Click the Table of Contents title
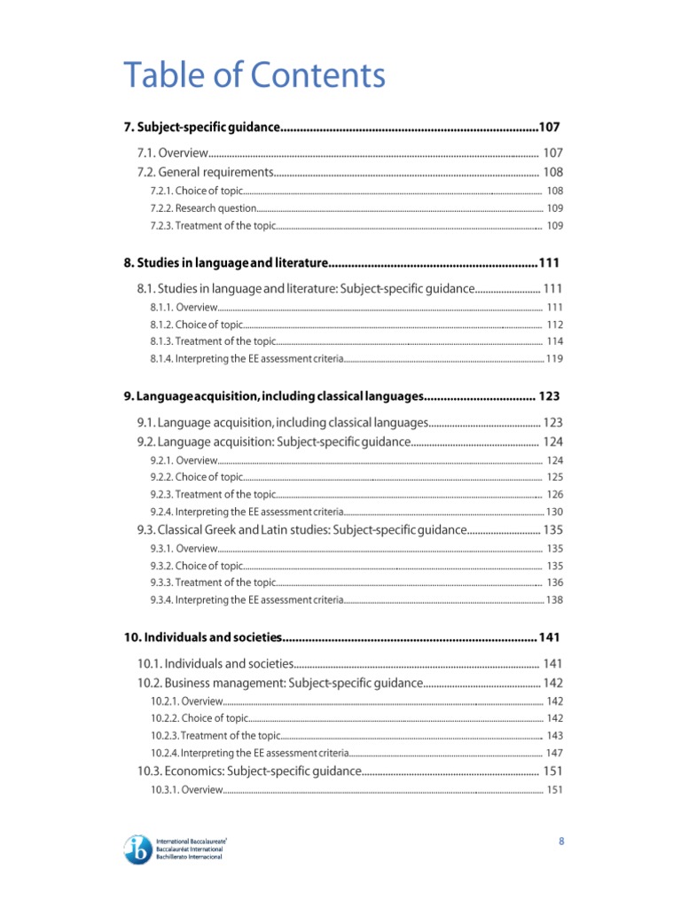[254, 75]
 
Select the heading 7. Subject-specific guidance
[201, 128]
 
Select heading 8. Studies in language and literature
[226, 262]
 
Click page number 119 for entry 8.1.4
[553, 359]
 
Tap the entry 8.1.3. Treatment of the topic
[213, 341]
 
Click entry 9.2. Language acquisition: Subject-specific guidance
[273, 442]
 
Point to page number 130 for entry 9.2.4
[553, 513]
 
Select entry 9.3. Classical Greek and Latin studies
[301, 530]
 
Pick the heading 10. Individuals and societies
[202, 638]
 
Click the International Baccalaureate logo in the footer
[176, 847]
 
